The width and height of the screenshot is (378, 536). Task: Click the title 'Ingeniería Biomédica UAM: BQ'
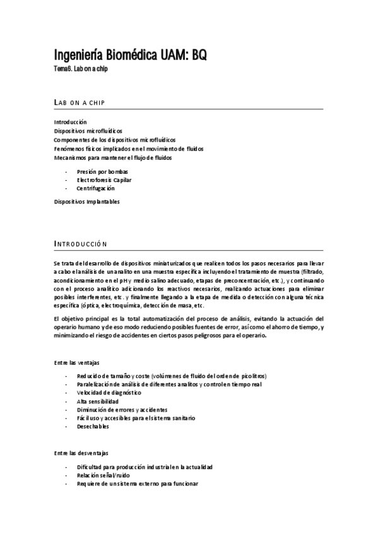(129, 55)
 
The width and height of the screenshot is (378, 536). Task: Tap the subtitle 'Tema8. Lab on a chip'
(81, 69)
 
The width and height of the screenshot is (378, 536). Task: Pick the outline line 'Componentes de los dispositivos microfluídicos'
(115, 139)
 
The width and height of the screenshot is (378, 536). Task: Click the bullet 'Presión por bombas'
(102, 171)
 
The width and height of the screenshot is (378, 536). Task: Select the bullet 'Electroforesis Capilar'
(105, 180)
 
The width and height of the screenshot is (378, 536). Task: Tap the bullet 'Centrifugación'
(96, 188)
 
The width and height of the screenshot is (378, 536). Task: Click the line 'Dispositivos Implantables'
(86, 202)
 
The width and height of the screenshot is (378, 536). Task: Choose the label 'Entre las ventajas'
(76, 362)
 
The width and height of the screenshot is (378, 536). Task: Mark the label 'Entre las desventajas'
(81, 453)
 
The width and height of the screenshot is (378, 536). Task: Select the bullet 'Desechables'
(93, 427)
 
